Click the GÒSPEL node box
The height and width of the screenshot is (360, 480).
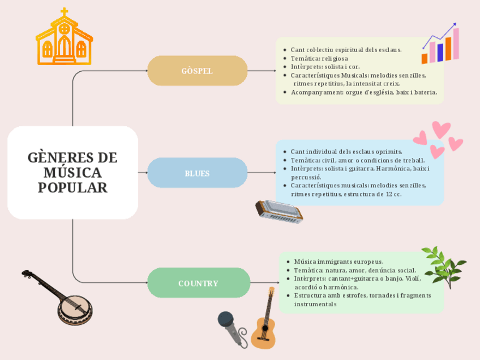pyautogui.click(x=198, y=71)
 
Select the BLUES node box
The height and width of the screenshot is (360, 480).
pyautogui.click(x=198, y=173)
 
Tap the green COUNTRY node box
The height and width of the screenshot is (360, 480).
pyautogui.click(x=199, y=283)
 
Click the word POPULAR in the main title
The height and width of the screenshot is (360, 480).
pyautogui.click(x=72, y=188)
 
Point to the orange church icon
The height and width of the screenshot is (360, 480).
pyautogui.click(x=64, y=38)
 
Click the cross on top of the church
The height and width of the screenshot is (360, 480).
pyautogui.click(x=64, y=12)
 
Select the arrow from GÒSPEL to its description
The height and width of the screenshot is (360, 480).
pyautogui.click(x=262, y=71)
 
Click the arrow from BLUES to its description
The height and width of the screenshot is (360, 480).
pyautogui.click(x=262, y=173)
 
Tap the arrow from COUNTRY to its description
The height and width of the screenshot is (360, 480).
pyautogui.click(x=264, y=282)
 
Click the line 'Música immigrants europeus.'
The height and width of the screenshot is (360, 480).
pyautogui.click(x=338, y=262)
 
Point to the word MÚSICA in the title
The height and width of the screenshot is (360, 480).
pyautogui.click(x=72, y=173)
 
